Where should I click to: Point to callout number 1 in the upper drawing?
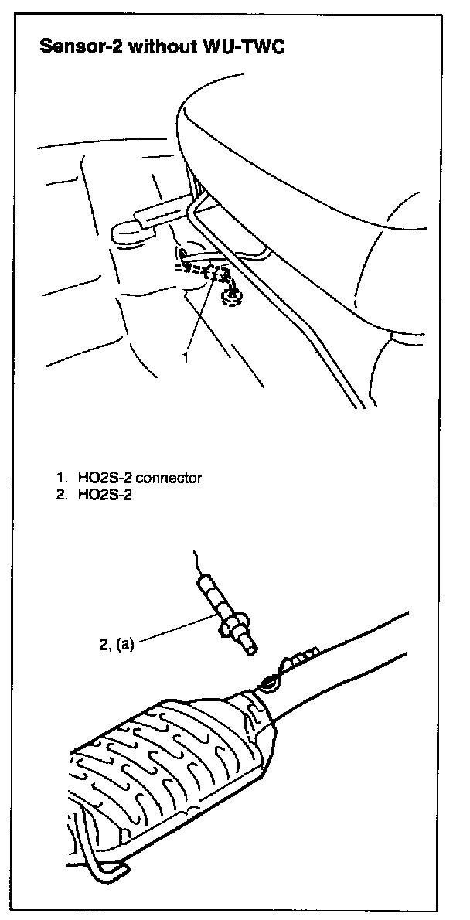pos(186,358)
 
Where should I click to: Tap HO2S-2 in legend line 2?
pos(104,496)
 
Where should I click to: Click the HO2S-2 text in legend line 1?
pos(104,478)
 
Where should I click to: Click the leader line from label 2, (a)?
pos(178,628)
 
